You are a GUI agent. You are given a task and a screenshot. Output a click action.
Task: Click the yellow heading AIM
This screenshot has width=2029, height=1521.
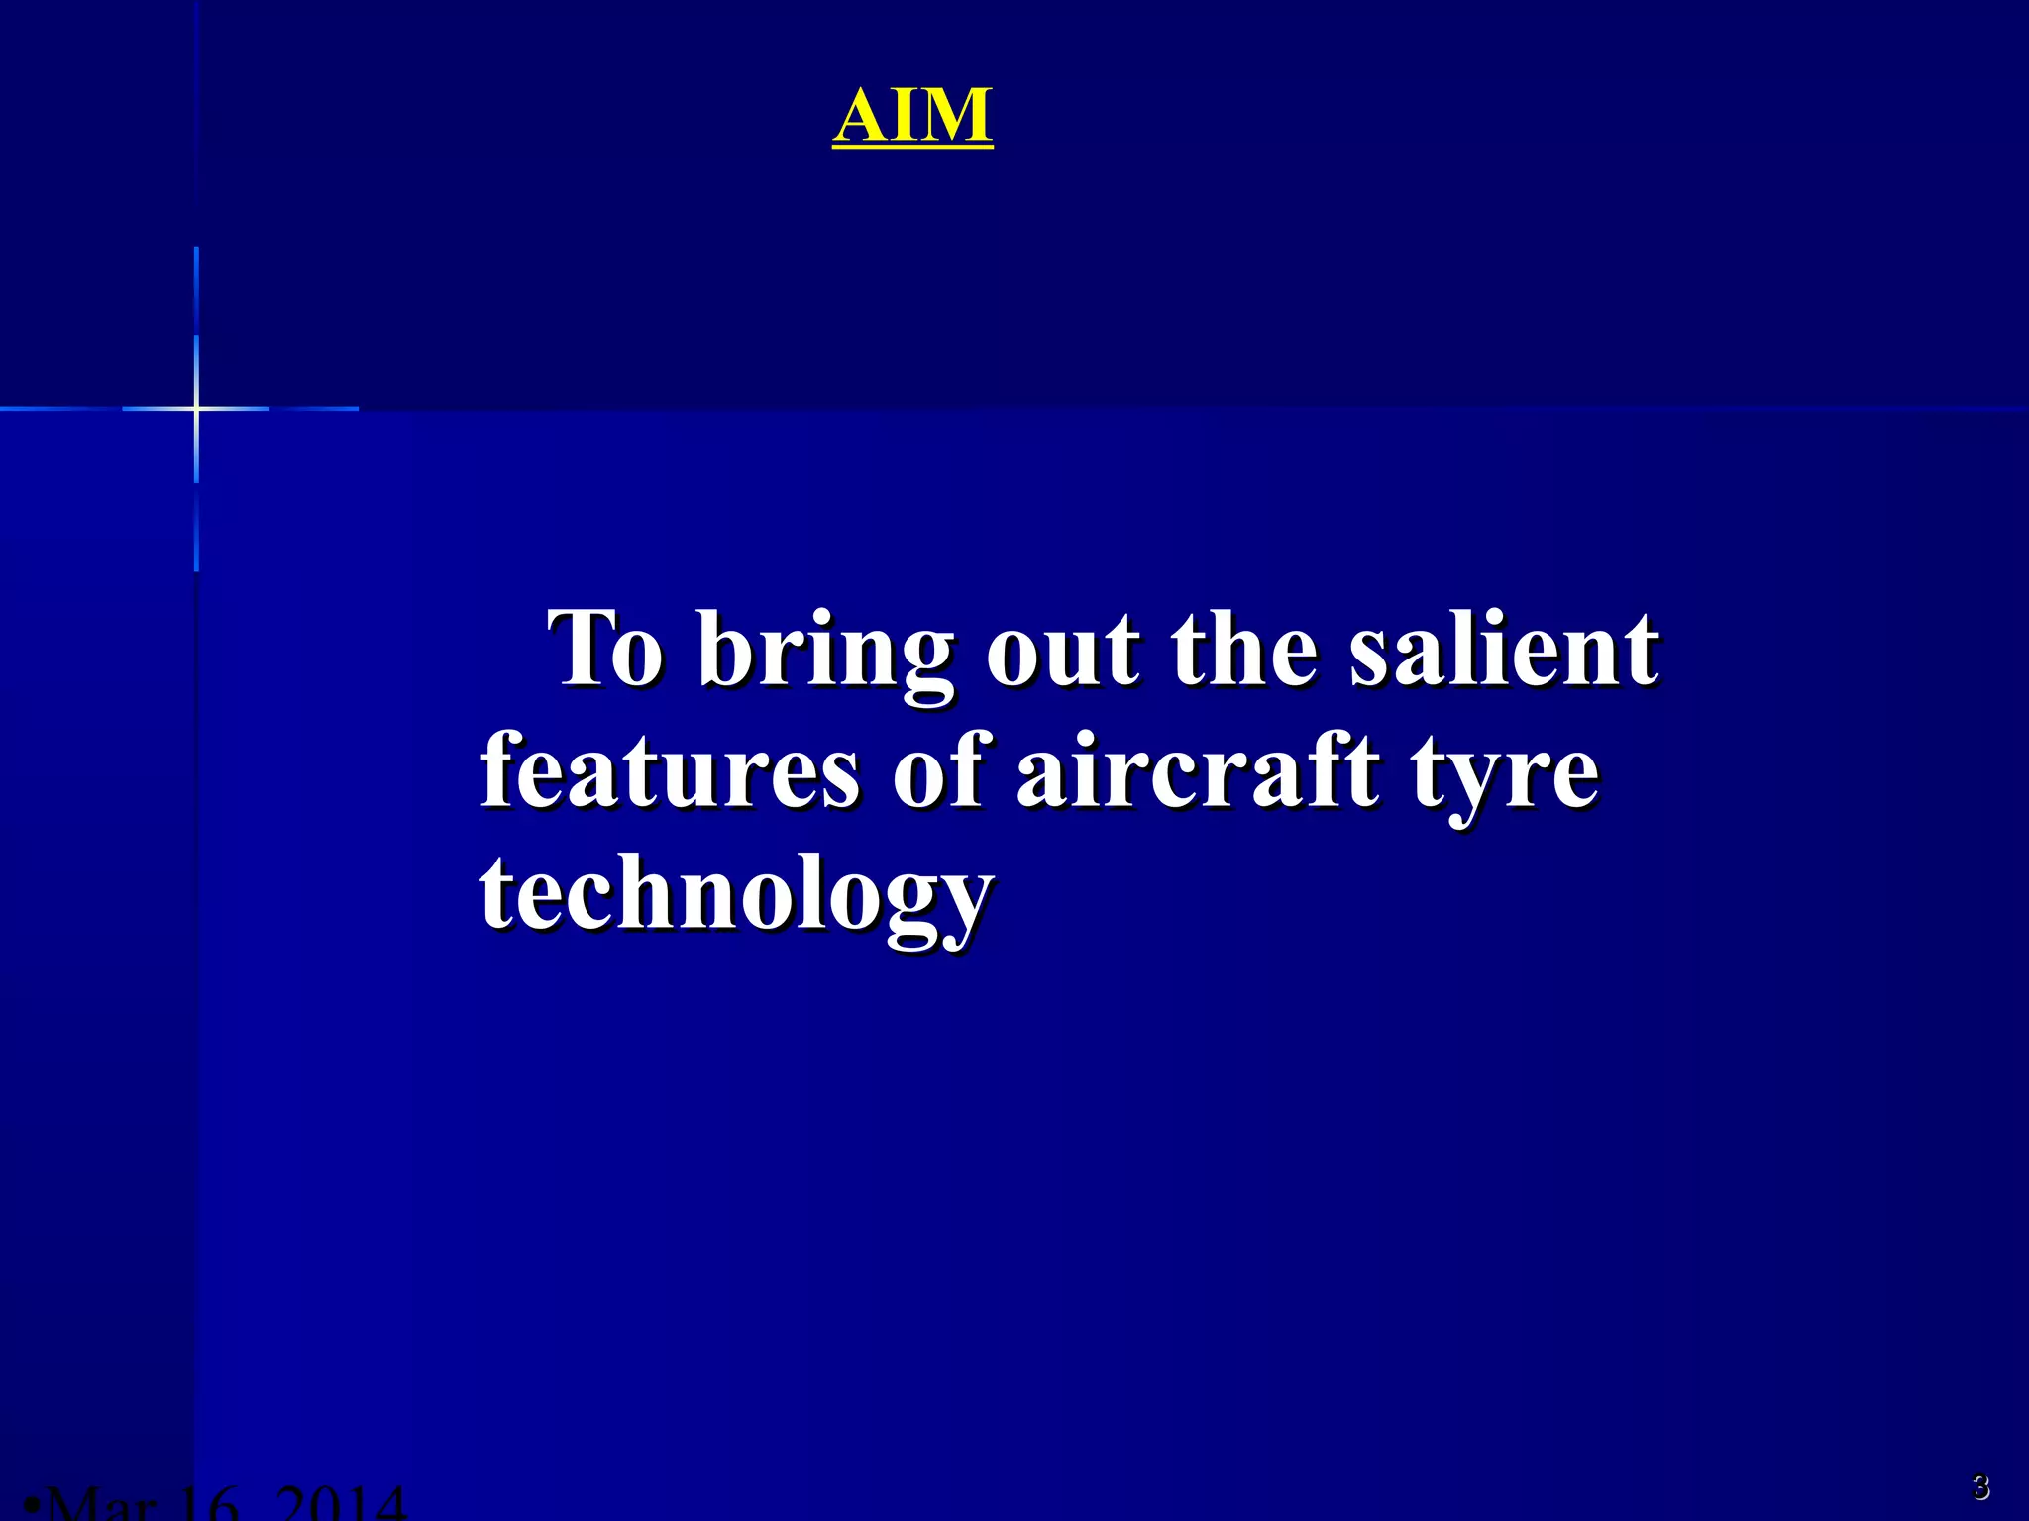911,116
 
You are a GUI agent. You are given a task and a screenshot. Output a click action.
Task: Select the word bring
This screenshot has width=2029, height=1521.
824,654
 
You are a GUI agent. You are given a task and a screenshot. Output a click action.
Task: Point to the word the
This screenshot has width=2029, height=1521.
1244,649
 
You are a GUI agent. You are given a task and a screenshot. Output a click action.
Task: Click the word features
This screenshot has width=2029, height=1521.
670,772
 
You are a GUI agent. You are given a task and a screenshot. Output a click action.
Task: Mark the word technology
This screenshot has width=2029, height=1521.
736,896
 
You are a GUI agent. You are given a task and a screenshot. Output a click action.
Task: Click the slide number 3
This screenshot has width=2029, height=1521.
1979,1486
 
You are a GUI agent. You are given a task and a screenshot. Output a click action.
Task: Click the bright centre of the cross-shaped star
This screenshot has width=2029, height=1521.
196,408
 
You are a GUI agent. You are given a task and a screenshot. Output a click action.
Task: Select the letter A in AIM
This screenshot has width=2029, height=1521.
862,116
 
